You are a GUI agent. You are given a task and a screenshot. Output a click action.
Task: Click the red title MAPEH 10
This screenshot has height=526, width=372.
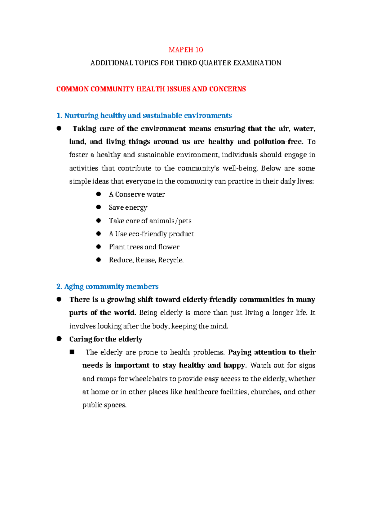click(x=186, y=50)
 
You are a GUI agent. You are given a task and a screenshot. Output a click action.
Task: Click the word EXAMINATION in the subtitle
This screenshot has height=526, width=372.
click(x=257, y=63)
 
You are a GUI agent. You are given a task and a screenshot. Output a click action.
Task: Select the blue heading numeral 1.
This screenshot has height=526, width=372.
click(x=59, y=116)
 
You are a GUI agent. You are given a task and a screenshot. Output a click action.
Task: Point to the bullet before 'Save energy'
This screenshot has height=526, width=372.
click(x=99, y=207)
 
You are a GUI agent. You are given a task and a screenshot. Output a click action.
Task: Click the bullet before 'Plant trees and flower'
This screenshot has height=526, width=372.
click(x=99, y=247)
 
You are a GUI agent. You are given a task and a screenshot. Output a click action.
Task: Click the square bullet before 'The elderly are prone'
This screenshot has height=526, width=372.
click(x=73, y=352)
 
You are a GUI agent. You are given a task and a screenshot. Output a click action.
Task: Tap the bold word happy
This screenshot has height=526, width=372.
click(x=234, y=365)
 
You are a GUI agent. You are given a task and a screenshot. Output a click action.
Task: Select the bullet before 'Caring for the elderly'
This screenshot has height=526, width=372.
click(x=59, y=339)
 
